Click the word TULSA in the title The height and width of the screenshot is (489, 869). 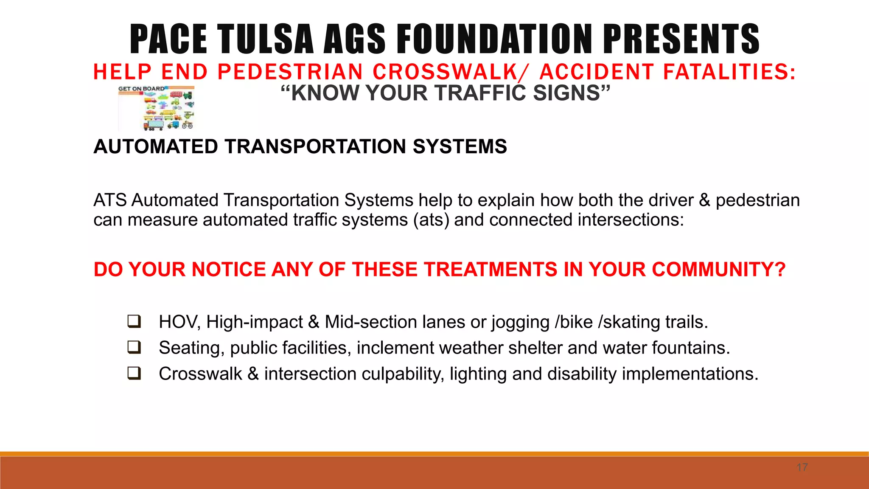click(266, 39)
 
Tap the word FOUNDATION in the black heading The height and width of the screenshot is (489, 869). click(495, 39)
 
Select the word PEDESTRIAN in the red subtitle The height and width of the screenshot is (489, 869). click(290, 72)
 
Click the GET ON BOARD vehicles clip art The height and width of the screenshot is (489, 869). click(157, 108)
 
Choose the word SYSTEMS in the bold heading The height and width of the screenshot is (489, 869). click(460, 146)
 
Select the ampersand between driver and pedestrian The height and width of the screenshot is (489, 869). click(704, 200)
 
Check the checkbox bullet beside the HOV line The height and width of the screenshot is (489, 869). click(134, 321)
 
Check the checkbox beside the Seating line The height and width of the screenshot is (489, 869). click(134, 347)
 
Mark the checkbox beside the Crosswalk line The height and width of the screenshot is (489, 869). click(134, 373)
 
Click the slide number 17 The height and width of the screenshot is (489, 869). click(802, 467)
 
